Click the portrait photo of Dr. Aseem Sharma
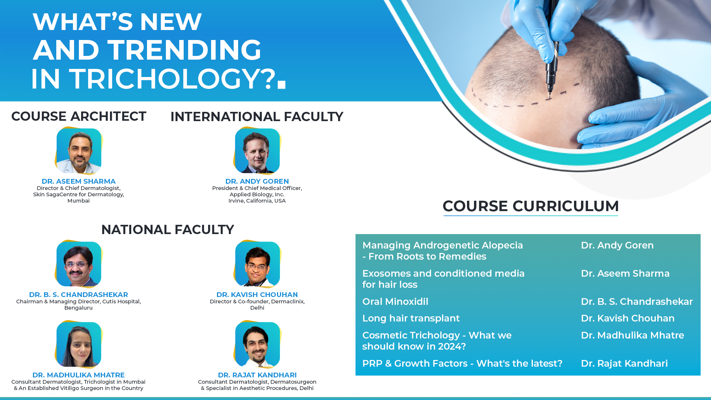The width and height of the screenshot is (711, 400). point(79,151)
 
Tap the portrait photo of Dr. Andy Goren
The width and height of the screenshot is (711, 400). point(257,151)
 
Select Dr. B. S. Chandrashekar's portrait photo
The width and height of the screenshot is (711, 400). point(79,264)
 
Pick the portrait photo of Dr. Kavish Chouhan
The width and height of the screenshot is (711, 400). point(257,264)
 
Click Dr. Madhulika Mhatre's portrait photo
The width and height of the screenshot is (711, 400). point(79,344)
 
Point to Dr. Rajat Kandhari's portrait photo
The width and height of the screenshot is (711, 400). point(257,344)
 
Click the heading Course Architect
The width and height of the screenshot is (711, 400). point(79,116)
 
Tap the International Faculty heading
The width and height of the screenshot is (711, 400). point(257,117)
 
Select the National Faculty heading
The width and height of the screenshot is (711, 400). point(167,230)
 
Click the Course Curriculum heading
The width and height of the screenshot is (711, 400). point(531,206)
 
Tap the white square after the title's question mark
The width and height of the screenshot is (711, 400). point(281,85)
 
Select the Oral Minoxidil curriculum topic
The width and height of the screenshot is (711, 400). point(395,301)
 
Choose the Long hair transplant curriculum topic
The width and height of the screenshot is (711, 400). point(411,319)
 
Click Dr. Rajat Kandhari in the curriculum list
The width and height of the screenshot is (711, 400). point(624,363)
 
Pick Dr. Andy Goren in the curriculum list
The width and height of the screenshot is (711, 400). point(617,245)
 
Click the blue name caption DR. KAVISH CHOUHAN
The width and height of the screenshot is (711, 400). point(257,294)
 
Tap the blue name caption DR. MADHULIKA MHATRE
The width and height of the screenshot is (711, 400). point(79,375)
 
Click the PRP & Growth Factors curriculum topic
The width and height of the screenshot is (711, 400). point(462,363)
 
